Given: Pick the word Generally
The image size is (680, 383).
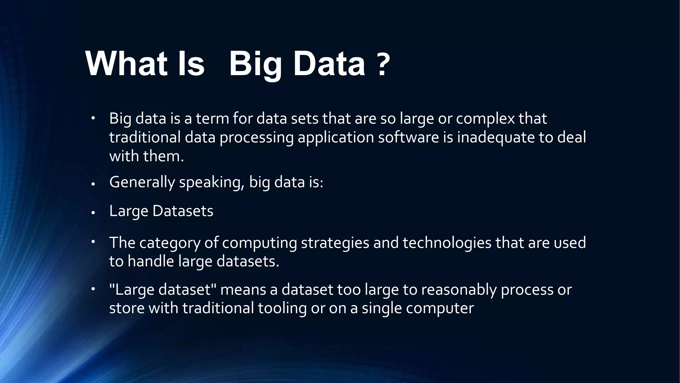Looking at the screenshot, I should (142, 183).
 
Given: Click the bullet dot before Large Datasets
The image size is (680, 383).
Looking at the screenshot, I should (93, 212).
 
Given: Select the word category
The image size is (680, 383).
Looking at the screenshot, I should (170, 243).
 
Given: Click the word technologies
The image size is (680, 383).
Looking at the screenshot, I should (447, 243).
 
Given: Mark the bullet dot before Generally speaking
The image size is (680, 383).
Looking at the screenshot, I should (93, 184).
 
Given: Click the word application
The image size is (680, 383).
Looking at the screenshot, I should (336, 137).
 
